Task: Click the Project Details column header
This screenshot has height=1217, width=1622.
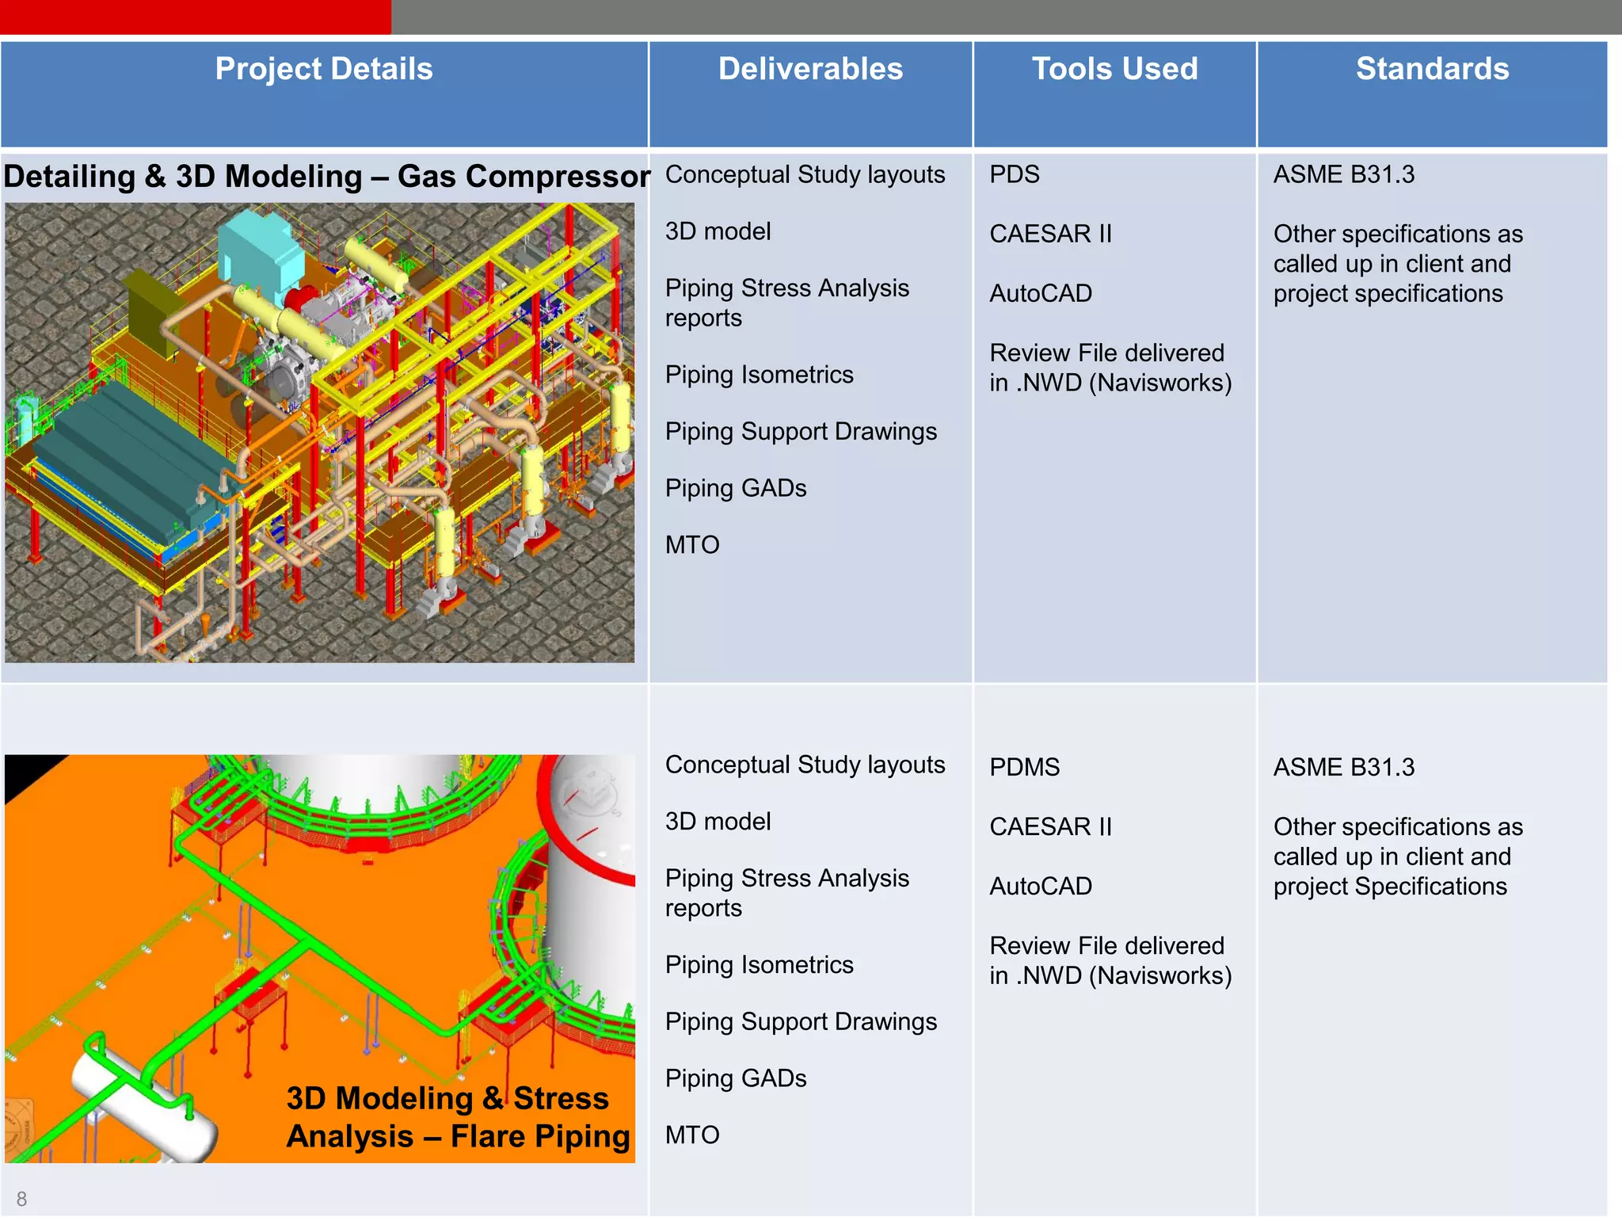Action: point(324,70)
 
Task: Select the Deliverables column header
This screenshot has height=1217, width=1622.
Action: point(810,70)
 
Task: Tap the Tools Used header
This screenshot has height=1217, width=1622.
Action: point(1114,70)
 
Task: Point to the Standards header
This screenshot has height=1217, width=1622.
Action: point(1432,70)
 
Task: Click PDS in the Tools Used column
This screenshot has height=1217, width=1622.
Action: point(1015,174)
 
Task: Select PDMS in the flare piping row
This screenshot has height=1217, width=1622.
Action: point(1024,767)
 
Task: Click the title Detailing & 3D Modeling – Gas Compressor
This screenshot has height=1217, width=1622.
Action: point(326,176)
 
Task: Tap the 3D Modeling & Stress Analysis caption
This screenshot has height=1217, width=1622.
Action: point(458,1117)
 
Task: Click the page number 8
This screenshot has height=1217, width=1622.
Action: point(21,1199)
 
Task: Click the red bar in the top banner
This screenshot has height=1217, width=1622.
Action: point(195,17)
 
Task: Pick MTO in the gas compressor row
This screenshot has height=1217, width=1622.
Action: point(692,545)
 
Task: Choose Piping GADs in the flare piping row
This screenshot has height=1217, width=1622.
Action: point(736,1078)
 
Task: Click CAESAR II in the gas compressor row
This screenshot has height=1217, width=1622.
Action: point(1050,234)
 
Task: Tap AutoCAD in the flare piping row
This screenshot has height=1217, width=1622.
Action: point(1041,886)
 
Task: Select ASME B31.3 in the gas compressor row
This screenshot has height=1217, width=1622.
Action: point(1343,174)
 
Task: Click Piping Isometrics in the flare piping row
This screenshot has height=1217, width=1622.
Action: point(759,965)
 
